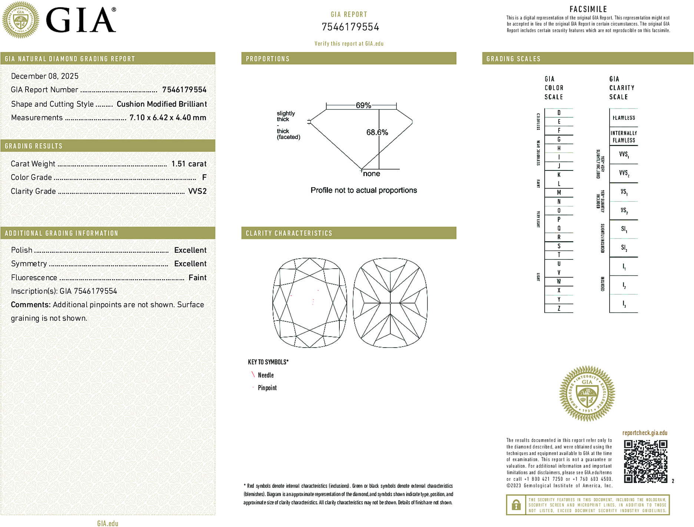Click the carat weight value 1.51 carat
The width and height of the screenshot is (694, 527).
[x=189, y=164]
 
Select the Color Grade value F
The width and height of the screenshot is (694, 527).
[x=204, y=178]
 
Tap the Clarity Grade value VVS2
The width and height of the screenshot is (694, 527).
[x=197, y=191]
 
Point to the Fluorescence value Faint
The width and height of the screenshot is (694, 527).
[x=197, y=278]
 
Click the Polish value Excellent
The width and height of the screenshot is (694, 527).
[x=190, y=250]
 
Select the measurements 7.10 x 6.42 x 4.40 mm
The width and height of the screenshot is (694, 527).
[x=167, y=118]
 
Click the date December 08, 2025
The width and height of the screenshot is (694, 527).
[x=45, y=76]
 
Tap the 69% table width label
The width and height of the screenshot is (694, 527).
[x=363, y=105]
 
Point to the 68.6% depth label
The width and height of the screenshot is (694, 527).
[x=377, y=132]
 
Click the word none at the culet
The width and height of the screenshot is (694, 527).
[x=371, y=174]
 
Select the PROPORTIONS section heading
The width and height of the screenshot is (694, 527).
[x=268, y=59]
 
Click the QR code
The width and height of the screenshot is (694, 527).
[x=645, y=461]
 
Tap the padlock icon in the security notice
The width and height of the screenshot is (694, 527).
[x=516, y=505]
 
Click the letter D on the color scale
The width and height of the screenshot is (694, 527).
[x=559, y=113]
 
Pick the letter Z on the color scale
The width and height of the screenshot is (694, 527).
[x=559, y=308]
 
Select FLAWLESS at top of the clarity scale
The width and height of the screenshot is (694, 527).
[x=624, y=118]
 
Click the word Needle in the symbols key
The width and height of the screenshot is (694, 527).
[x=266, y=375]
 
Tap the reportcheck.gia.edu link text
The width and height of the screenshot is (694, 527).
[x=645, y=433]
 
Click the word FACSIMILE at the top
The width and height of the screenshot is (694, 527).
[x=588, y=9]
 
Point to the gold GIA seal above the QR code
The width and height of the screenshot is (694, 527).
[x=587, y=393]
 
